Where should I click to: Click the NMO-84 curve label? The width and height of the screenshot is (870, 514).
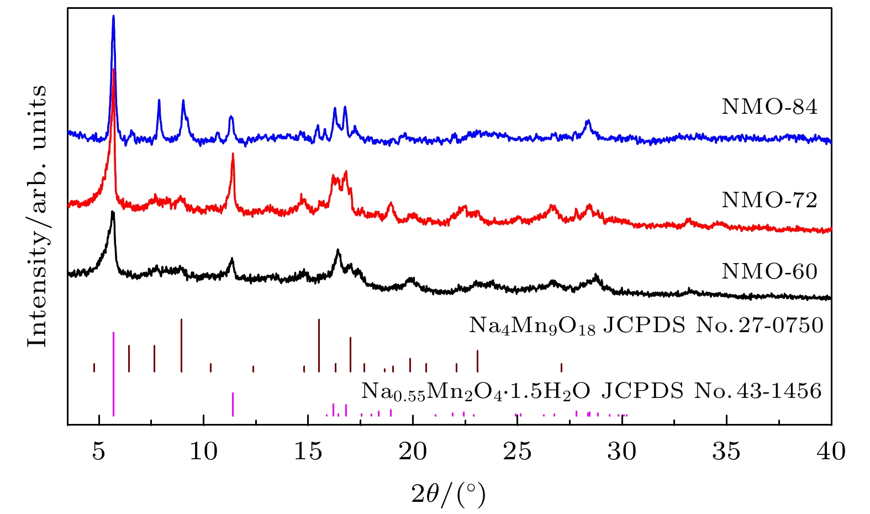[x=769, y=107]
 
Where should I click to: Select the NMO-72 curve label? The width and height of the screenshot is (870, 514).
[x=769, y=200]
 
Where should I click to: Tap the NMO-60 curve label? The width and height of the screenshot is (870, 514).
[x=769, y=271]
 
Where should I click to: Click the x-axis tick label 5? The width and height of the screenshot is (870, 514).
[x=99, y=452]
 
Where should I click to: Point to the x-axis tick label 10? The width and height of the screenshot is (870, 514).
[x=203, y=452]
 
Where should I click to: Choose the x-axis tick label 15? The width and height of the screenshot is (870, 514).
[x=308, y=452]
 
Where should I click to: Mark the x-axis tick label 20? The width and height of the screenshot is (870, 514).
[x=413, y=452]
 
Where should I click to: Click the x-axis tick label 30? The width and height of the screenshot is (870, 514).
[x=622, y=452]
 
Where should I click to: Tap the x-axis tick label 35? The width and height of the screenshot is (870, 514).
[x=726, y=452]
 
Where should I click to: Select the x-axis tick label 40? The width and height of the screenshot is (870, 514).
[x=831, y=452]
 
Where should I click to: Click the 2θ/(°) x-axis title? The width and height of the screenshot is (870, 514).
[x=449, y=494]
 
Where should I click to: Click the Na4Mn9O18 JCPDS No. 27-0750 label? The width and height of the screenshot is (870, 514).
[x=646, y=326]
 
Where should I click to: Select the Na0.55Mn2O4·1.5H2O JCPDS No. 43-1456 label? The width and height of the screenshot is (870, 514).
[x=592, y=391]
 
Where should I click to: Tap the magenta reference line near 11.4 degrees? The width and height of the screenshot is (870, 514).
[x=233, y=404]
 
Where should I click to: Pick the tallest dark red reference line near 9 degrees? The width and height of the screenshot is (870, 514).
[x=181, y=345]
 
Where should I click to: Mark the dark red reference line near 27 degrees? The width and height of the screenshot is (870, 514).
[x=561, y=368]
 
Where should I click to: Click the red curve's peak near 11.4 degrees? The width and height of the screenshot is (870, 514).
[x=233, y=155]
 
